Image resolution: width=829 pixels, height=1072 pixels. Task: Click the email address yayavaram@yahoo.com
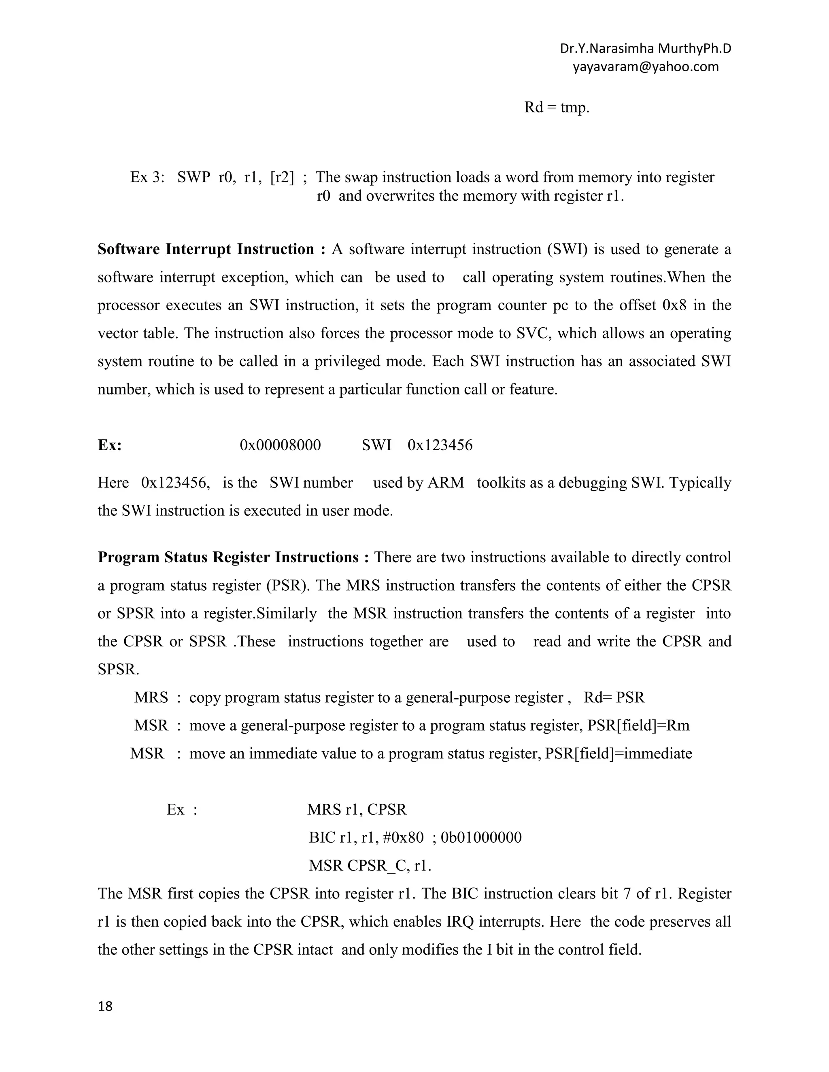point(645,67)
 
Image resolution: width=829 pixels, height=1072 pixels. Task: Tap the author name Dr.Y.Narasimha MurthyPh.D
point(645,49)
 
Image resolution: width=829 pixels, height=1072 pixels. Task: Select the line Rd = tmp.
point(557,107)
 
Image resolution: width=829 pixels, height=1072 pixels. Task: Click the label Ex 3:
point(147,177)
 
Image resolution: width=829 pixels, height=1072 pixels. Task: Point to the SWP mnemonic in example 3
point(193,177)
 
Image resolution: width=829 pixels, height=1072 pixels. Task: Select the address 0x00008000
point(280,445)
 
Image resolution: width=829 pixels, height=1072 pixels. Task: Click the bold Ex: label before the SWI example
point(110,445)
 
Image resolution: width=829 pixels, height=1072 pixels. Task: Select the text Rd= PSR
point(614,697)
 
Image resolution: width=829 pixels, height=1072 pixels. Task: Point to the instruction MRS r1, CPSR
point(357,809)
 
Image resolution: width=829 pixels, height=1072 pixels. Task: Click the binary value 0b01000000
point(481,837)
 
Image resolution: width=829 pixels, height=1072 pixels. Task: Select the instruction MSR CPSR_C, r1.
point(369,865)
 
